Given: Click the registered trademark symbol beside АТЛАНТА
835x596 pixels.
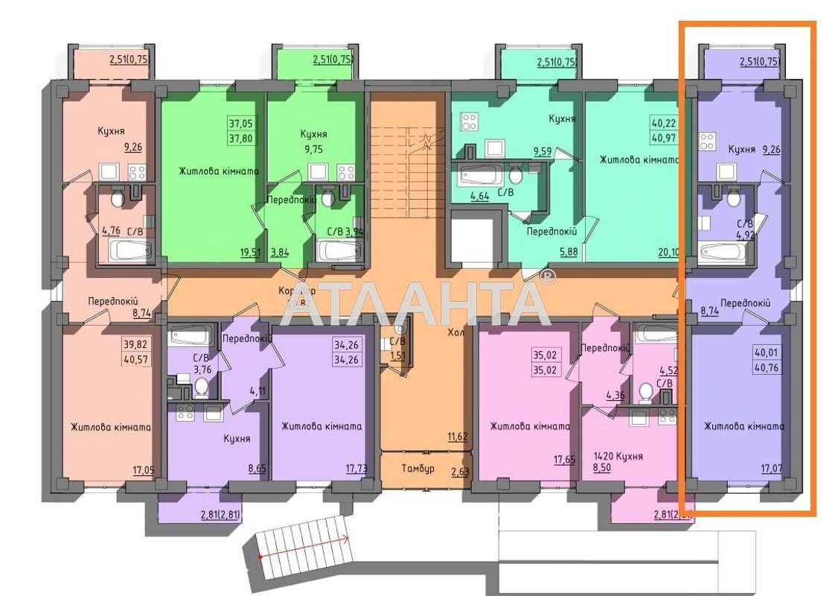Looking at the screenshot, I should [x=548, y=277].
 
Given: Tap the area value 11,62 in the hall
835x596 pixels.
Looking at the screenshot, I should [x=457, y=437].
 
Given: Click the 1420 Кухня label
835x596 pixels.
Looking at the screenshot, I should [x=618, y=456].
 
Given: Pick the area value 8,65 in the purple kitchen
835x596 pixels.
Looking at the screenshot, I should [x=257, y=469].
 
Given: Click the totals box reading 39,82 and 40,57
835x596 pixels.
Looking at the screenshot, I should [x=135, y=352].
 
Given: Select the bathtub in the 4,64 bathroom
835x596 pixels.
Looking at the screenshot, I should [x=476, y=177].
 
